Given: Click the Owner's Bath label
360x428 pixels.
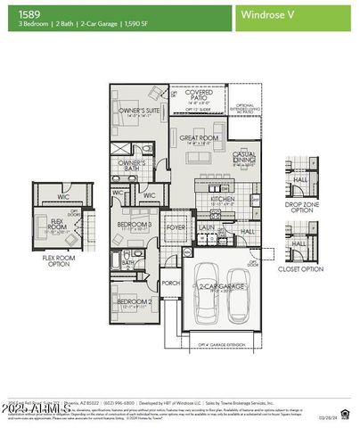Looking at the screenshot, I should tap(133, 165).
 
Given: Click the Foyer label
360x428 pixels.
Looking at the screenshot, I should tap(176, 227).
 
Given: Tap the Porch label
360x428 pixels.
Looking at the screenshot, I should tap(170, 284).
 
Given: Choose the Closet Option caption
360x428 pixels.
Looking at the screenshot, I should tap(300, 267).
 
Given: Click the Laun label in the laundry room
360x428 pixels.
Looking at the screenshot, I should tap(206, 227).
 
